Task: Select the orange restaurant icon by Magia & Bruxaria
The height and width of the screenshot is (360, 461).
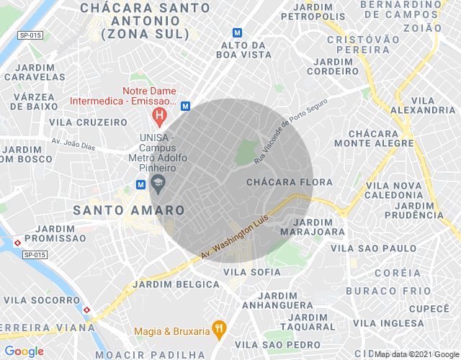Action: pyautogui.click(x=220, y=330)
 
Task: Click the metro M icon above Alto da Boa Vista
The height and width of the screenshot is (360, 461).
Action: pyautogui.click(x=237, y=32)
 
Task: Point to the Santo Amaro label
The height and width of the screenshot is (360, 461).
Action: pyautogui.click(x=129, y=210)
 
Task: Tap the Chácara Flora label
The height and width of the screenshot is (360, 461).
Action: pyautogui.click(x=289, y=182)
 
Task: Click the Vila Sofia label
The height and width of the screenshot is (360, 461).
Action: pyautogui.click(x=252, y=271)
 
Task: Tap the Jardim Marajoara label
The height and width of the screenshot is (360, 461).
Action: pyautogui.click(x=313, y=227)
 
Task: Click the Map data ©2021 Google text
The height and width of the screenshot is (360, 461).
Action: pyautogui.click(x=416, y=354)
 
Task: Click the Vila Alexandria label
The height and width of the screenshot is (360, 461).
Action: pyautogui.click(x=423, y=105)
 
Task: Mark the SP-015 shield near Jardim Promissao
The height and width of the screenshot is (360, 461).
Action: pyautogui.click(x=33, y=254)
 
